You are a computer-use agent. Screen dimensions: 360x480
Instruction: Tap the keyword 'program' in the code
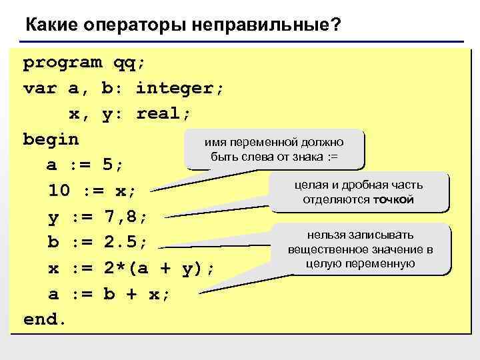(x=63, y=63)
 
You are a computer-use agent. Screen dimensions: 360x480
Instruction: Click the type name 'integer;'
(x=181, y=88)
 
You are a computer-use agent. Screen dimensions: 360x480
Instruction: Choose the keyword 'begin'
(x=51, y=139)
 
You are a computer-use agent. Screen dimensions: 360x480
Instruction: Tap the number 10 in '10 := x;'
(x=59, y=191)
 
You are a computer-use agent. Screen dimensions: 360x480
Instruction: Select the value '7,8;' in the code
(x=127, y=216)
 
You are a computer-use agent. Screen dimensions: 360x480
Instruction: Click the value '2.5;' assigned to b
(x=127, y=241)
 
